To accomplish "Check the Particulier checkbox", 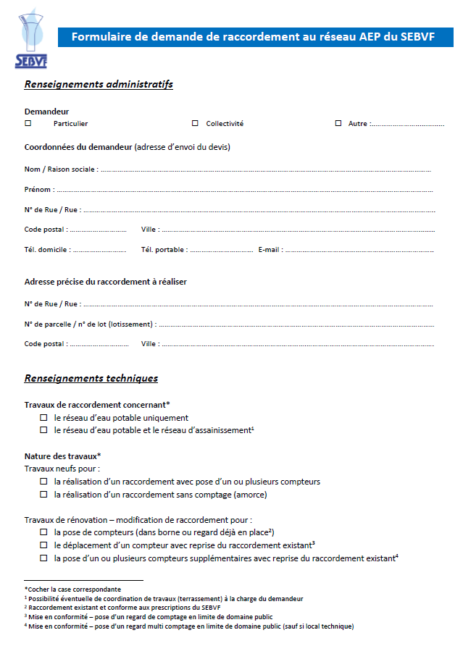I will pos(28,123).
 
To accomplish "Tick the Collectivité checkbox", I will pos(195,123).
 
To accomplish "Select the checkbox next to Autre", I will pos(338,123).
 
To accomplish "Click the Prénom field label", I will pos(38,190).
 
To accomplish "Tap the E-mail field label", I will pos(270,250).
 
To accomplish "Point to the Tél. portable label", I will pos(164,250).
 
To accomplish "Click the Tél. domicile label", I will pos(47,250).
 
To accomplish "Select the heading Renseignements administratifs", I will pos(99,85).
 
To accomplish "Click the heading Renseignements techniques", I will pos(91,378).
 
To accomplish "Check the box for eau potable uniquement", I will pos(43,418).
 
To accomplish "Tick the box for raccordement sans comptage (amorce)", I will pos(43,495).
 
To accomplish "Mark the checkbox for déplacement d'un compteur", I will pos(43,545).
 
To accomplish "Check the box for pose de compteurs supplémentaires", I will pos(43,558).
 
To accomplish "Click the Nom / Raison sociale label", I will pos(60,169).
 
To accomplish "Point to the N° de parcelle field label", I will pos(89,324).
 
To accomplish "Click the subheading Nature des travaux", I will pos(62,456).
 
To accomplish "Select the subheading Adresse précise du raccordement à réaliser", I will pos(106,282).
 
